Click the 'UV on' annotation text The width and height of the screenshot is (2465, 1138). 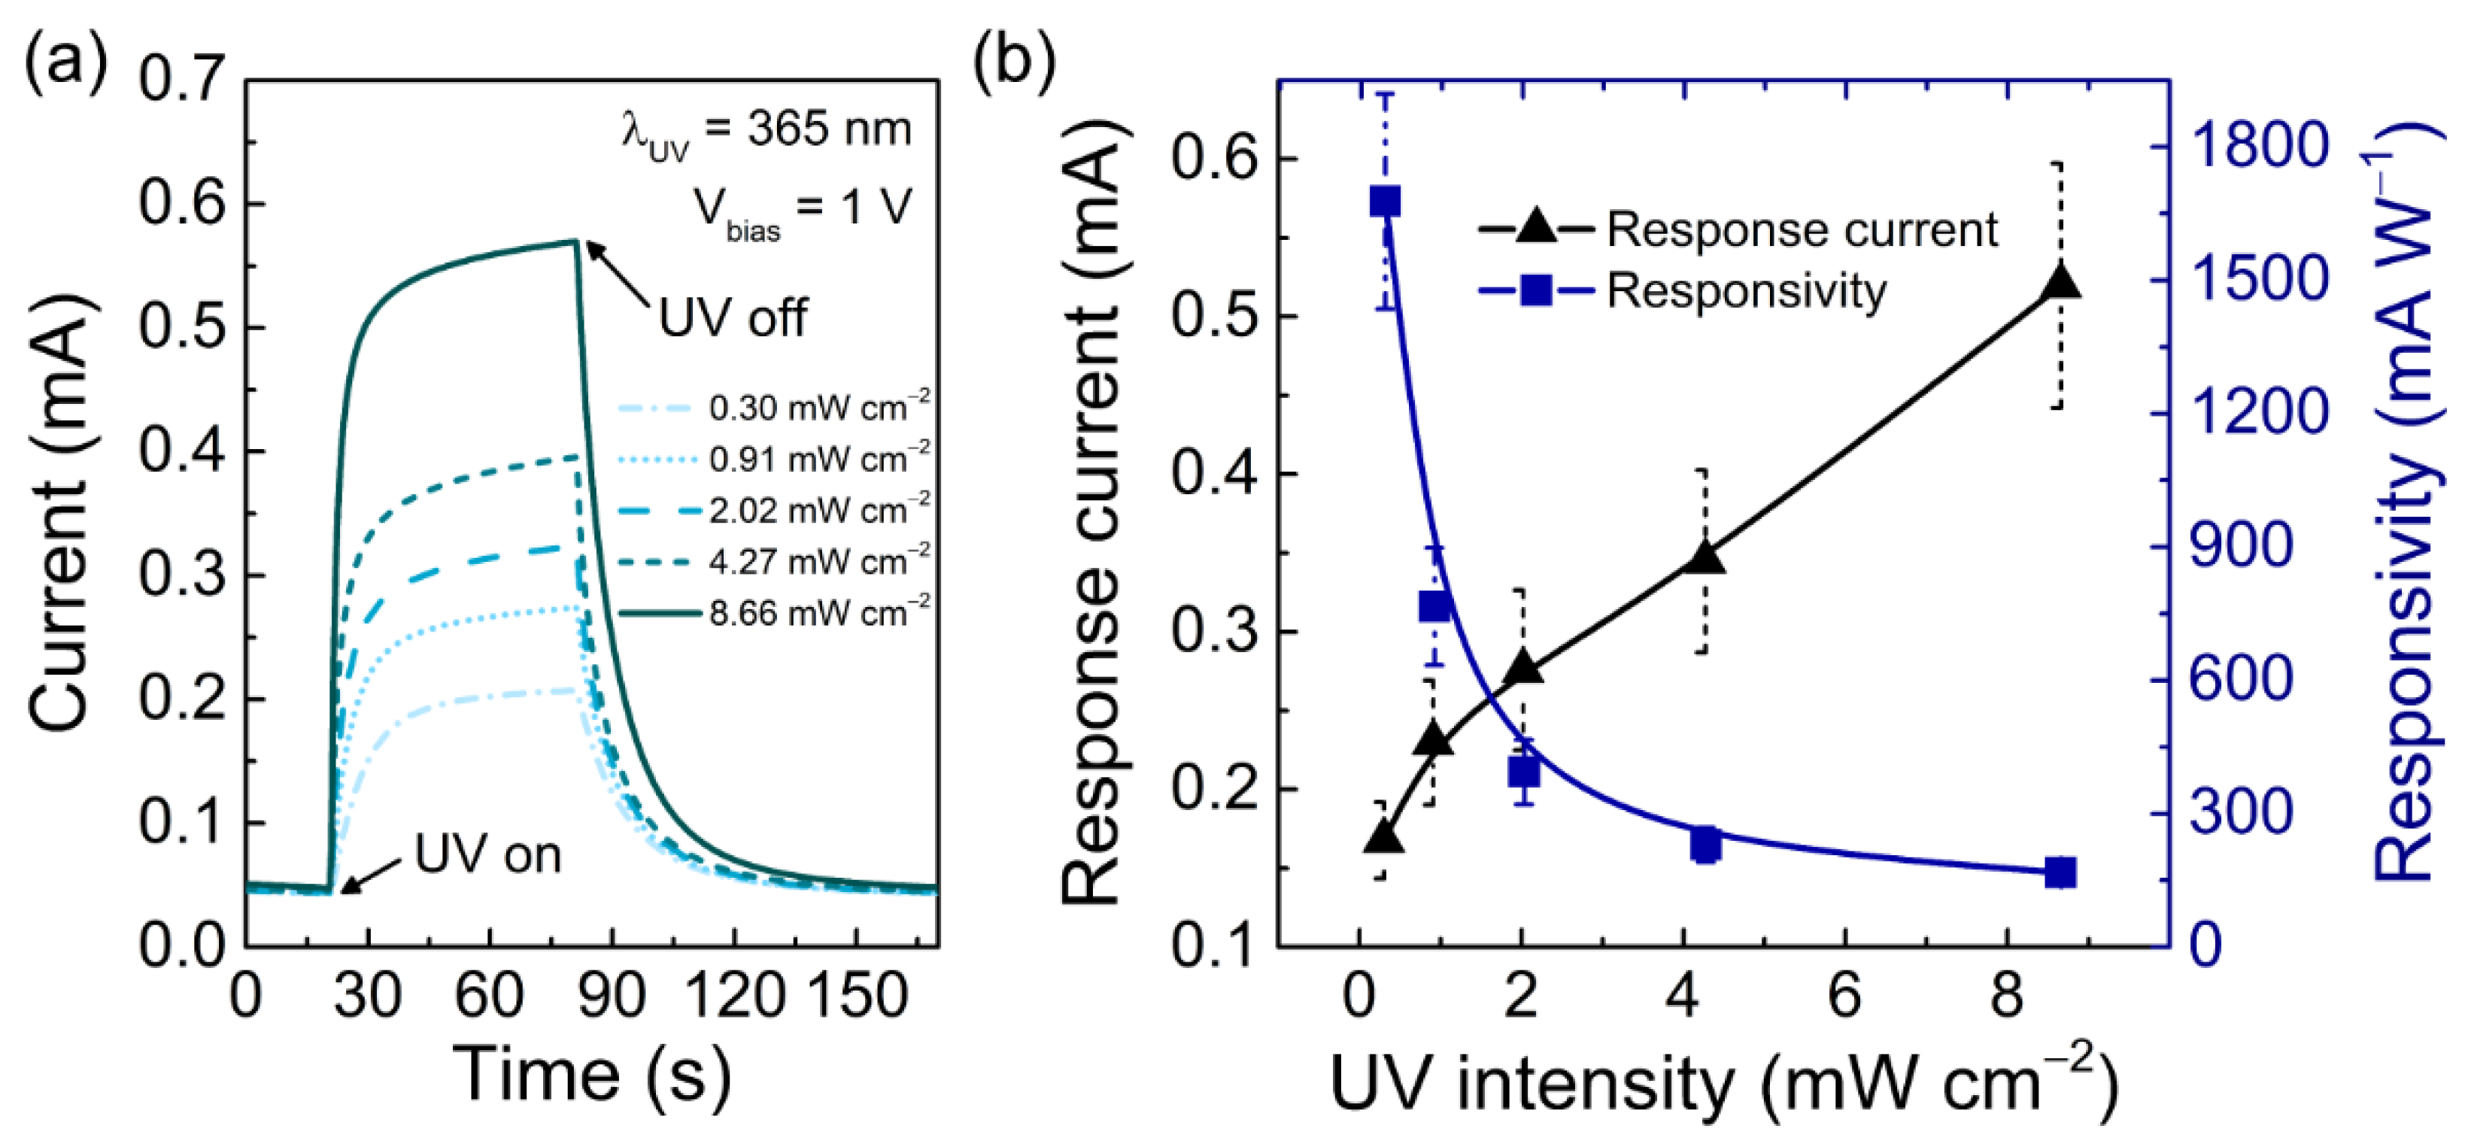pyautogui.click(x=487, y=854)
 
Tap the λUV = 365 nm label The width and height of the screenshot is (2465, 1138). pyautogui.click(x=766, y=131)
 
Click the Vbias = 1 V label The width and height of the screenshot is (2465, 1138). pyautogui.click(x=802, y=208)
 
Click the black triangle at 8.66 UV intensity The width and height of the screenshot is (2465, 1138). pyautogui.click(x=2060, y=284)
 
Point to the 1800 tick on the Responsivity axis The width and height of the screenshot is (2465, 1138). pyautogui.click(x=2258, y=147)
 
